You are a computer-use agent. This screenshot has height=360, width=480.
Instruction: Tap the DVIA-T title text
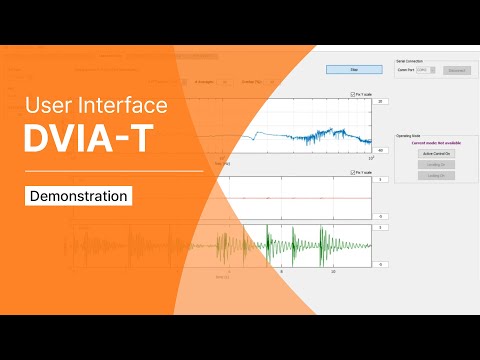[x=90, y=140]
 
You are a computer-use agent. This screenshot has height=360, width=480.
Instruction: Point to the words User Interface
[x=96, y=104]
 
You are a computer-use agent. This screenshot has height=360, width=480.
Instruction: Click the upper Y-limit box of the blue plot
[x=382, y=102]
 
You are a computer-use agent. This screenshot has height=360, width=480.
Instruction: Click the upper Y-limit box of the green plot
[x=382, y=228]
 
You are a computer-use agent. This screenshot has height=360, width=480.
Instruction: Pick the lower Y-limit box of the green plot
[x=382, y=264]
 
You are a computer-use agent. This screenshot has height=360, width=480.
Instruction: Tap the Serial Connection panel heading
[x=410, y=61]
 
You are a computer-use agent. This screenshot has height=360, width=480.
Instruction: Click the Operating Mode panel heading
[x=409, y=134]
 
